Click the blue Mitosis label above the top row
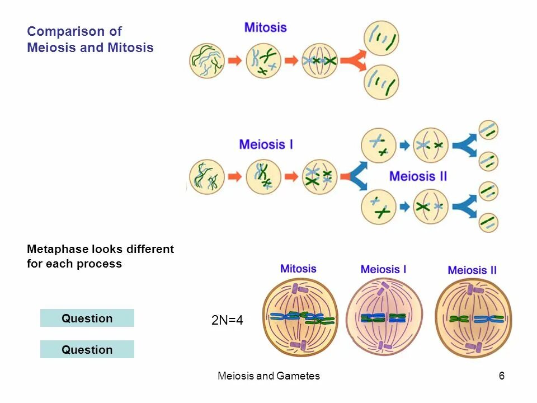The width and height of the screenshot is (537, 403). pyautogui.click(x=266, y=27)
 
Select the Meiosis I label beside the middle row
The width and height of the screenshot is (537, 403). pyautogui.click(x=266, y=144)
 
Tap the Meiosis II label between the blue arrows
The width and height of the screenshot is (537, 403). pyautogui.click(x=418, y=176)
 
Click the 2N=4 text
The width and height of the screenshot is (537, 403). pyautogui.click(x=227, y=321)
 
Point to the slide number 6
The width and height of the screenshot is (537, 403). pyautogui.click(x=502, y=376)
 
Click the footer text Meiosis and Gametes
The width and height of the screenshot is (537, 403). pyautogui.click(x=268, y=376)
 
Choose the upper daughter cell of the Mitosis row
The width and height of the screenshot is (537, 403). pyautogui.click(x=381, y=38)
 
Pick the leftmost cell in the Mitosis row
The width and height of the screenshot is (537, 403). pyautogui.click(x=207, y=60)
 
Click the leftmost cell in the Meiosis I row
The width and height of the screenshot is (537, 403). pyautogui.click(x=207, y=177)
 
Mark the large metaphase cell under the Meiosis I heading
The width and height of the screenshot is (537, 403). pyautogui.click(x=384, y=317)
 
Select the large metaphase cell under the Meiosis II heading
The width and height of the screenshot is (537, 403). pyautogui.click(x=473, y=317)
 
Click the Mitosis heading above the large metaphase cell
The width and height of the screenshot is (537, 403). pyautogui.click(x=298, y=269)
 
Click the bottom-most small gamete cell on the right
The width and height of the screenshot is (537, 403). pyautogui.click(x=488, y=222)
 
